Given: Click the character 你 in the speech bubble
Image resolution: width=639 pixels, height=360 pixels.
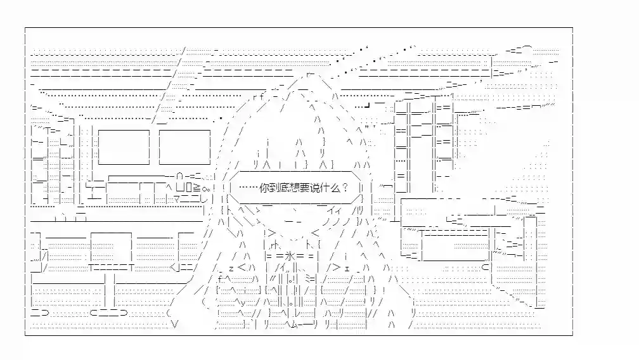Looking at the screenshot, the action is [x=264, y=188].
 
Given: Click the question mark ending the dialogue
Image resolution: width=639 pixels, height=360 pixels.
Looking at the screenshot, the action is [x=345, y=188].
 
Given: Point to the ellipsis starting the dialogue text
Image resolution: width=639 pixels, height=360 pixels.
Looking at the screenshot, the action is [x=249, y=188].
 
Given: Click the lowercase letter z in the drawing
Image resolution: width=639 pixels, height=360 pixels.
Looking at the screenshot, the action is [x=231, y=268].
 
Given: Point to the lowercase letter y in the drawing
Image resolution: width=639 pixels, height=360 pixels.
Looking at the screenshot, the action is [x=243, y=302].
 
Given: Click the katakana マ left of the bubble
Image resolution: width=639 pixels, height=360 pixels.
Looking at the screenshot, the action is [x=177, y=200].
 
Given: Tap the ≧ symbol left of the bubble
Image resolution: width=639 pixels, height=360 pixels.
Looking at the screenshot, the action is [x=196, y=188].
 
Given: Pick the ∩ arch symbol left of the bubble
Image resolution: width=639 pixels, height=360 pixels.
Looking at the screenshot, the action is [x=180, y=176].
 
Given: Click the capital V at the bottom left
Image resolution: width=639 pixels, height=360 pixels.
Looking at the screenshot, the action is [x=175, y=325].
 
